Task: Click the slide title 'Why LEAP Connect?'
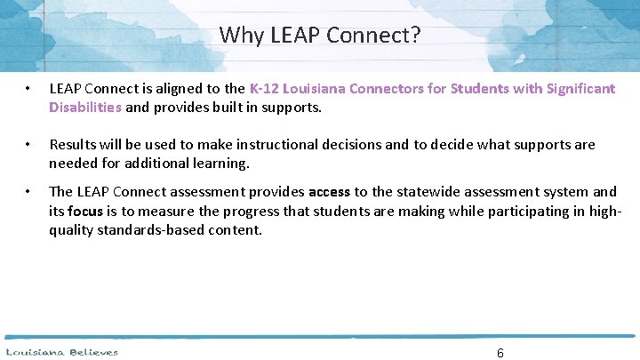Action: (320, 36)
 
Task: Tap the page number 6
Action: (500, 353)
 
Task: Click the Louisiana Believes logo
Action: (62, 352)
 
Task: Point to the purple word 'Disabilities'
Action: (85, 107)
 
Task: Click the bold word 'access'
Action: (329, 191)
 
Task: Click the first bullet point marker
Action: (29, 90)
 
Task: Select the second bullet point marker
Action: (29, 145)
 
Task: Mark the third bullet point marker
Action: (29, 192)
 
